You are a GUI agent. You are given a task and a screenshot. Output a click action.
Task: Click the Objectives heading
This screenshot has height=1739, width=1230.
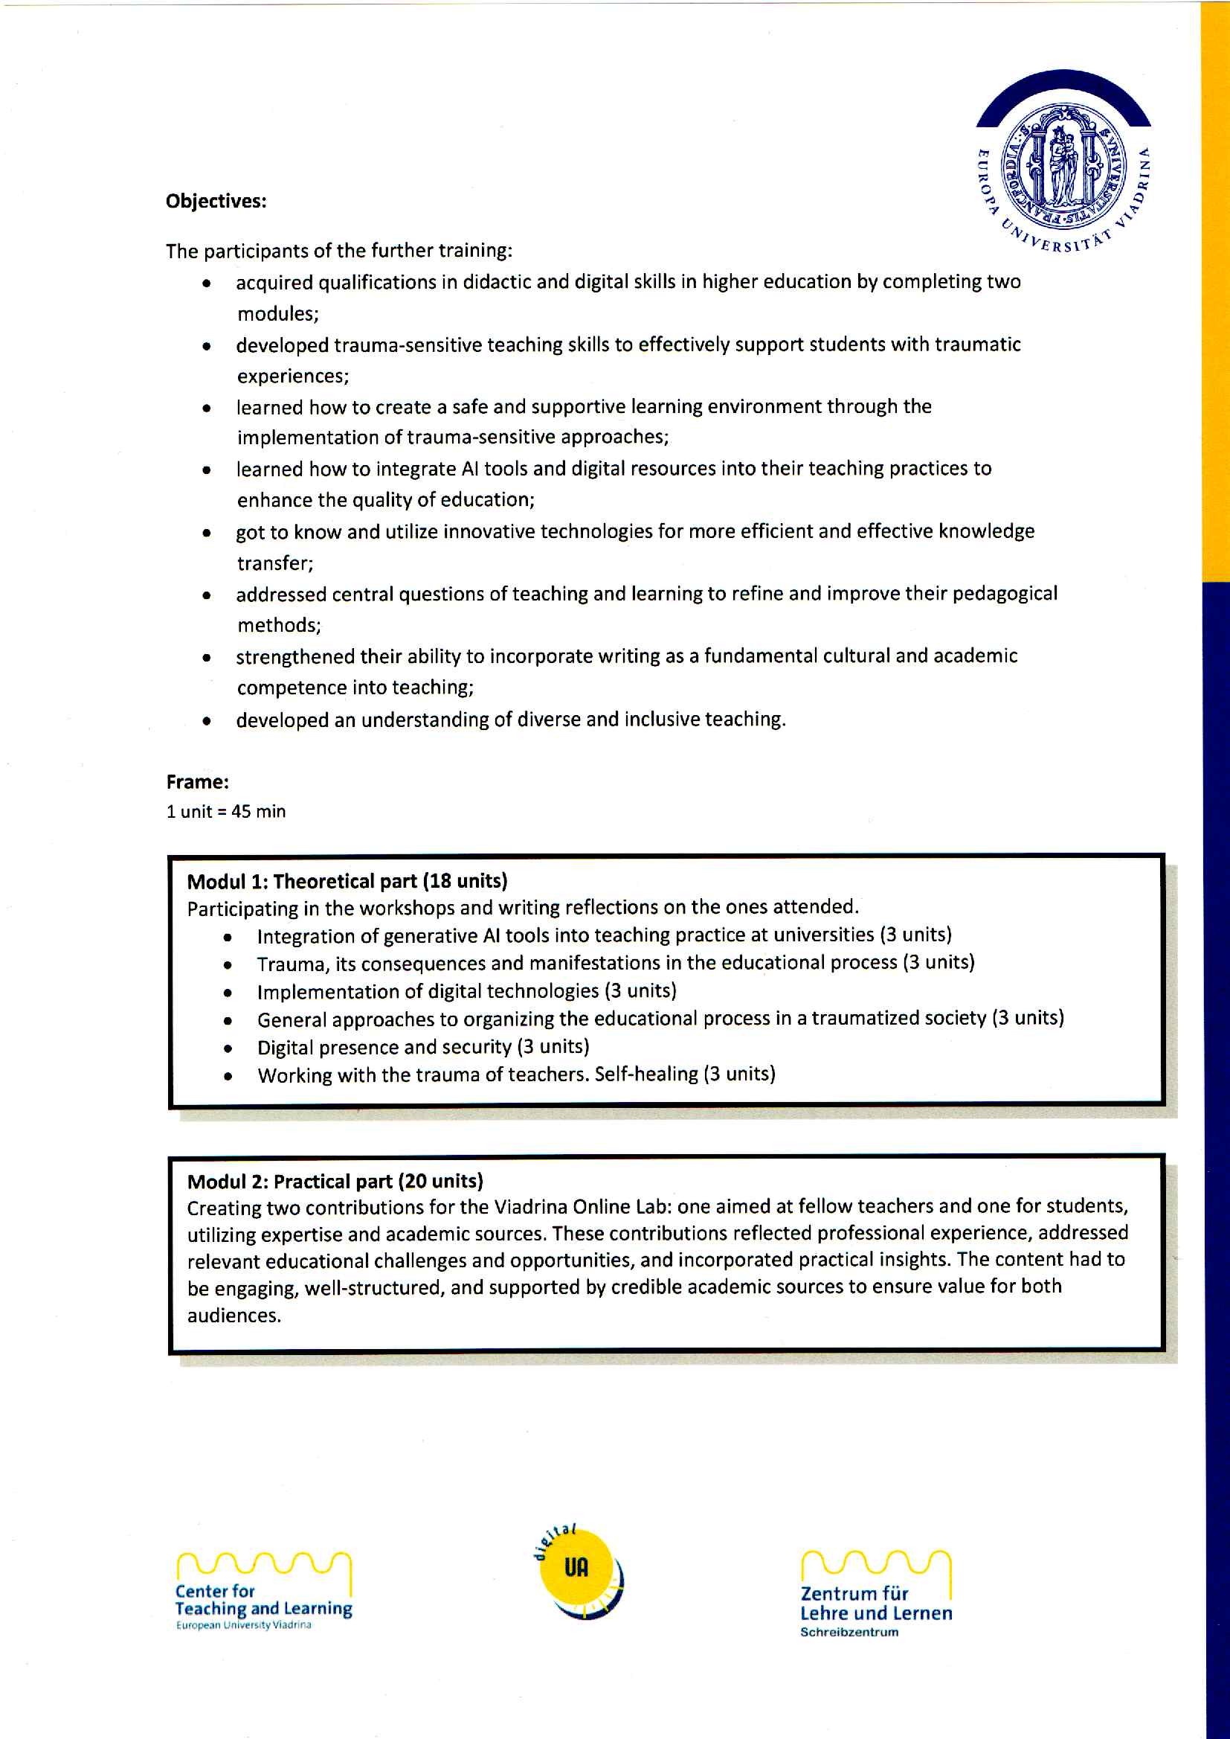(x=216, y=202)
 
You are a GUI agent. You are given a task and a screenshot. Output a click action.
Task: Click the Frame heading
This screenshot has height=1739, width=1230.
(x=197, y=782)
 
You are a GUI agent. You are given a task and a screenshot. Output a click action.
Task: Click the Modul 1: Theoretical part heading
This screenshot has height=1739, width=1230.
(x=302, y=881)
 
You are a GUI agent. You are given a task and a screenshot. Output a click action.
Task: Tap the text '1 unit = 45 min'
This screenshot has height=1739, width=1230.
(x=226, y=812)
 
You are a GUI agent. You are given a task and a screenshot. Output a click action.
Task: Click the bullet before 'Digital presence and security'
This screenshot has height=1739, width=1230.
(x=228, y=1049)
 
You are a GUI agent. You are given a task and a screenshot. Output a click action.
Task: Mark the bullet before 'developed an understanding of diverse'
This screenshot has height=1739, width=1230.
(x=206, y=721)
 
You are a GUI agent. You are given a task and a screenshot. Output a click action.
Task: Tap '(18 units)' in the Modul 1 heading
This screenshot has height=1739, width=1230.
(x=465, y=881)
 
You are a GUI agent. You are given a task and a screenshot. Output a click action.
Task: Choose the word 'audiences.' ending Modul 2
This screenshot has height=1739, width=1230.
(x=234, y=1316)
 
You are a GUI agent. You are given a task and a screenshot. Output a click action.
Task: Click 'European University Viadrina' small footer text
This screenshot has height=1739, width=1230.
(x=243, y=1625)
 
